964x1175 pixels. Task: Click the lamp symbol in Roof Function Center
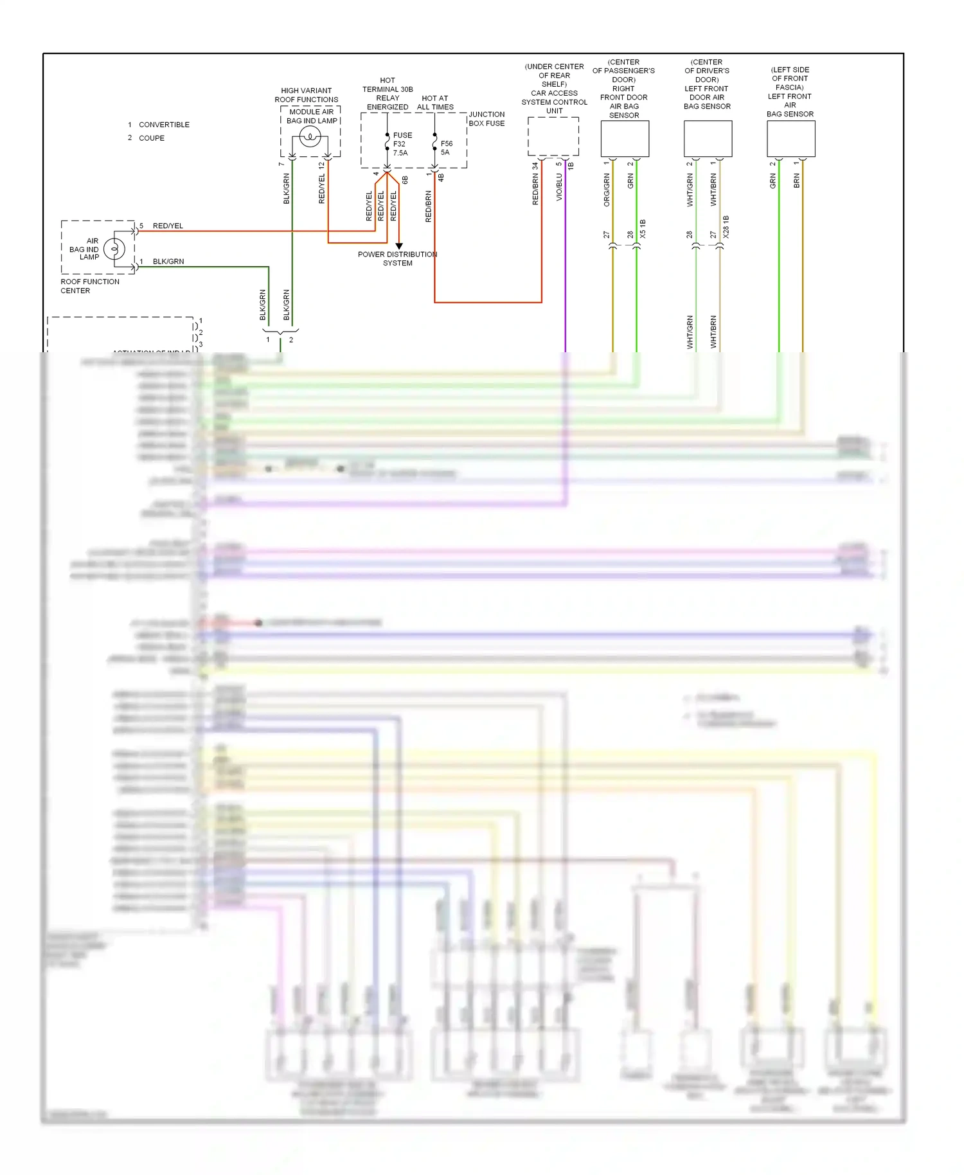tap(114, 248)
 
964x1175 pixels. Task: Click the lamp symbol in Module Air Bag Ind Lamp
tap(310, 136)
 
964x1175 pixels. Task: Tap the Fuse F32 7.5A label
tap(402, 144)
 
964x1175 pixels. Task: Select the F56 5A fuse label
tap(447, 148)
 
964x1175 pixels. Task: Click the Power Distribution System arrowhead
tap(398, 246)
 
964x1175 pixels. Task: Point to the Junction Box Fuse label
tap(486, 119)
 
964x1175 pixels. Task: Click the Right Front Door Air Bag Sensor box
tap(625, 138)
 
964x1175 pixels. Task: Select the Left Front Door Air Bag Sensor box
tap(708, 138)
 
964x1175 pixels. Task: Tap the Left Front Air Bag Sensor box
tap(790, 138)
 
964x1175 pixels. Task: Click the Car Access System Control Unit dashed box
tap(553, 136)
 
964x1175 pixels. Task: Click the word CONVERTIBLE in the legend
tap(164, 125)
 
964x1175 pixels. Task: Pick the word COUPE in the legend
tap(152, 138)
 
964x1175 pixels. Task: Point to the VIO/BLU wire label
tap(559, 187)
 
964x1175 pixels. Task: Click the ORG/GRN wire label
tap(607, 190)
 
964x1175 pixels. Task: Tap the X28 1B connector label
tap(726, 227)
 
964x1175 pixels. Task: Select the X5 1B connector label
tap(643, 229)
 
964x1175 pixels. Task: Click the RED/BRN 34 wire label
tap(535, 184)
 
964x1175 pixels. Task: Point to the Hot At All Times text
tap(435, 103)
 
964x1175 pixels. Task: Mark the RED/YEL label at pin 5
tap(168, 226)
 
